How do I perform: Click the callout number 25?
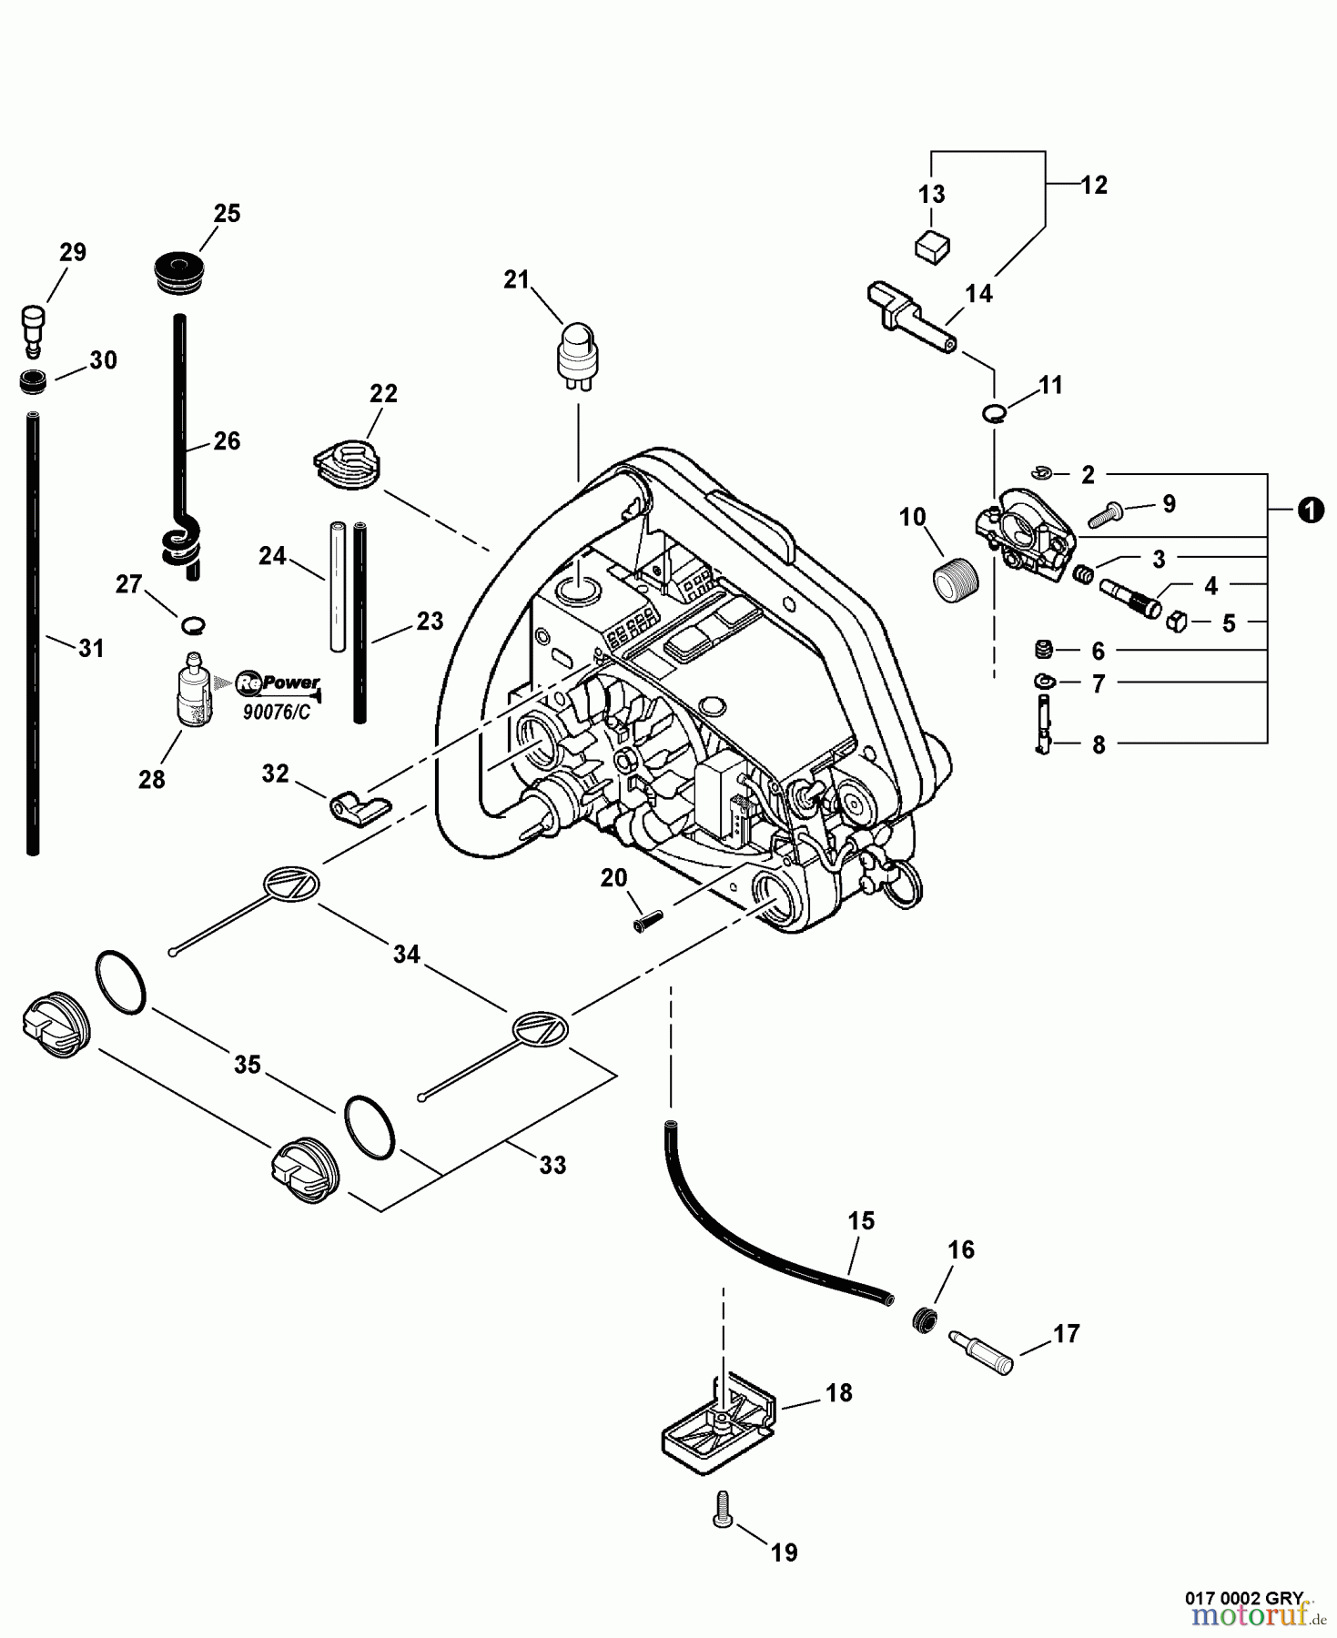pyautogui.click(x=227, y=213)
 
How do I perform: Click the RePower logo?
pyautogui.click(x=278, y=682)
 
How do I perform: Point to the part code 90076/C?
pyautogui.click(x=276, y=712)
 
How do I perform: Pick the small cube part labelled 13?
pyautogui.click(x=932, y=246)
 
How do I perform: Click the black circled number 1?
pyautogui.click(x=1309, y=511)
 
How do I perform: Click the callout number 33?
pyautogui.click(x=552, y=1165)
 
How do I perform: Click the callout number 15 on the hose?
pyautogui.click(x=861, y=1220)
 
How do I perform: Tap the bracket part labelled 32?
pyautogui.click(x=358, y=806)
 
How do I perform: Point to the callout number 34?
pyautogui.click(x=406, y=954)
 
